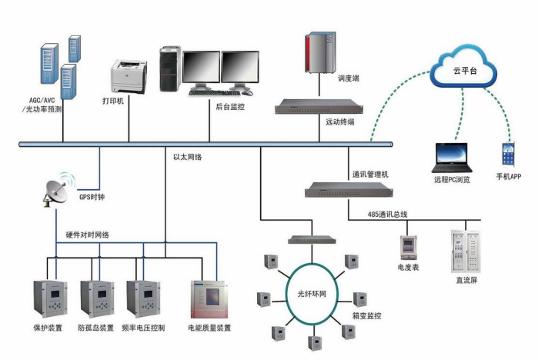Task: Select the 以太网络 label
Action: click(188, 157)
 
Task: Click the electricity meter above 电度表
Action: click(407, 248)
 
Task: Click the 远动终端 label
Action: click(339, 122)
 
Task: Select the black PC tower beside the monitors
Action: click(170, 69)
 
